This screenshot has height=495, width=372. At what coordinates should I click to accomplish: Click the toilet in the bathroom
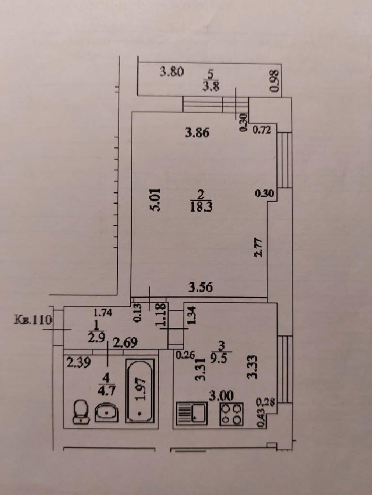[x=81, y=412]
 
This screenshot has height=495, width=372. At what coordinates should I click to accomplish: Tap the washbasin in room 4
[x=107, y=413]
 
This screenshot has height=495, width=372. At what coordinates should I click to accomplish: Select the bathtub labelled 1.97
[x=140, y=391]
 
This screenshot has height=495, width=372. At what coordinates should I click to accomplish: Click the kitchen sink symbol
[x=192, y=414]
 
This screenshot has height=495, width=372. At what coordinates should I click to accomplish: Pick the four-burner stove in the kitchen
[x=231, y=414]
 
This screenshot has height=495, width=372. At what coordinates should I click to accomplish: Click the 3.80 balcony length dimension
[x=171, y=73]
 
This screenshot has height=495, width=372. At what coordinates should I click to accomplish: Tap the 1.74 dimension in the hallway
[x=103, y=313]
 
